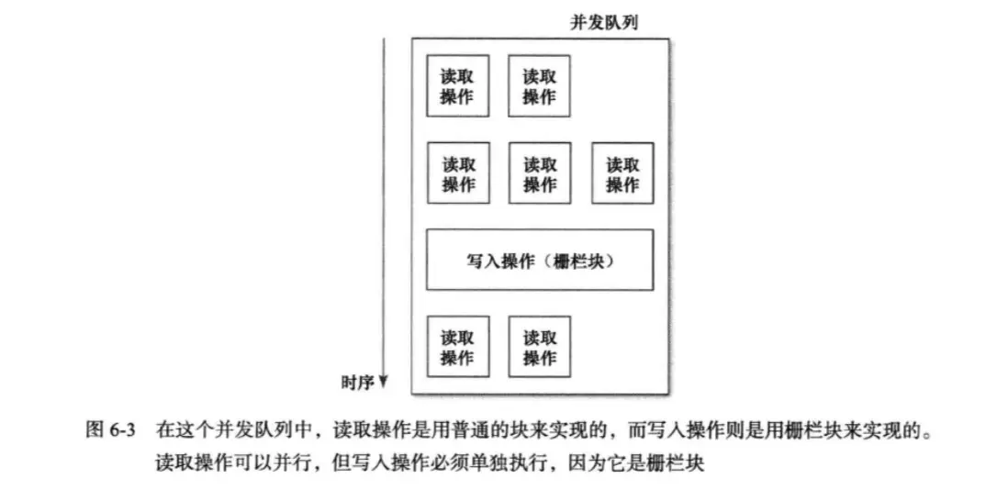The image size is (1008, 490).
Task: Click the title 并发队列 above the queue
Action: point(603,23)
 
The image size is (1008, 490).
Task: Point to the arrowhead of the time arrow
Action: point(384,381)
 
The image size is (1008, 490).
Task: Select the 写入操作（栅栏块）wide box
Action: point(540,260)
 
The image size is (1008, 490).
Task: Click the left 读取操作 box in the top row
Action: point(457,85)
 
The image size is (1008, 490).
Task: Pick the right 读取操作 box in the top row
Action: point(539,85)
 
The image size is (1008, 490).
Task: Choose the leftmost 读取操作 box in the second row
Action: point(457,173)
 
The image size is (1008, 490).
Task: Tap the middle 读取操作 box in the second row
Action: point(539,173)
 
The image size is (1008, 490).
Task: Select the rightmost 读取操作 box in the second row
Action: point(622,173)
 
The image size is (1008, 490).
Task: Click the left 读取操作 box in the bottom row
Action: point(457,347)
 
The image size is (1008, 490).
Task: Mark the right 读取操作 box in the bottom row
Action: point(539,347)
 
